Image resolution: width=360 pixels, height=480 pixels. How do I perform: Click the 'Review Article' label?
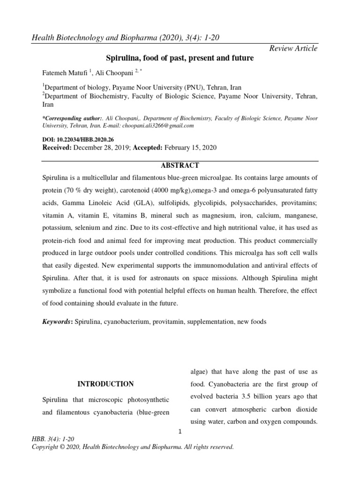(x=294, y=48)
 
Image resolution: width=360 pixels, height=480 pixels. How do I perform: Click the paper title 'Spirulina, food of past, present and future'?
(x=180, y=59)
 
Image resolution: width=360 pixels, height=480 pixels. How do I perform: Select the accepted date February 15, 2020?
(x=190, y=147)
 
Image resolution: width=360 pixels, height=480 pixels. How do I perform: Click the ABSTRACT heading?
(x=180, y=165)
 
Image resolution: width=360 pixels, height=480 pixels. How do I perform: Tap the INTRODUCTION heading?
(x=105, y=384)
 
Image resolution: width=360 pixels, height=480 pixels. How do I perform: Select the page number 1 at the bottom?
(x=180, y=432)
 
